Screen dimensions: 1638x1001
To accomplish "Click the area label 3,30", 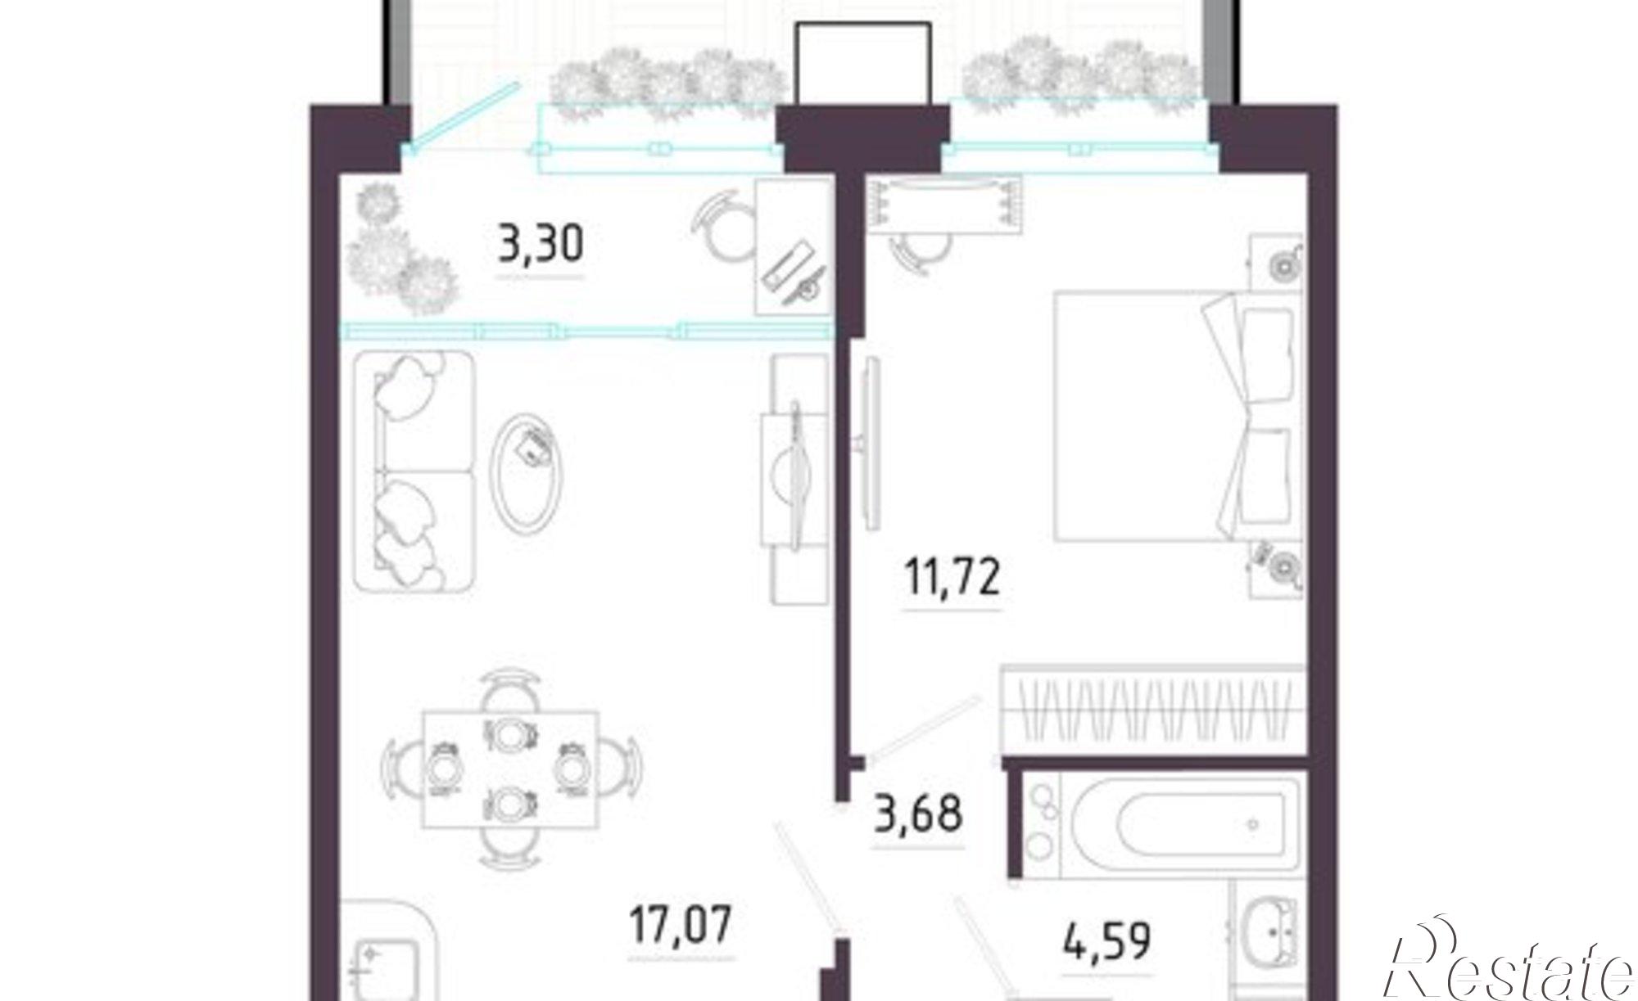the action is click(x=541, y=244).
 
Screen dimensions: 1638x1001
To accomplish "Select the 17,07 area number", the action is click(x=681, y=924).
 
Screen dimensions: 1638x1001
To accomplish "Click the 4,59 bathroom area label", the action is click(x=1107, y=941).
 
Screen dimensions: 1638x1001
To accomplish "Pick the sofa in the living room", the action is click(x=414, y=471).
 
